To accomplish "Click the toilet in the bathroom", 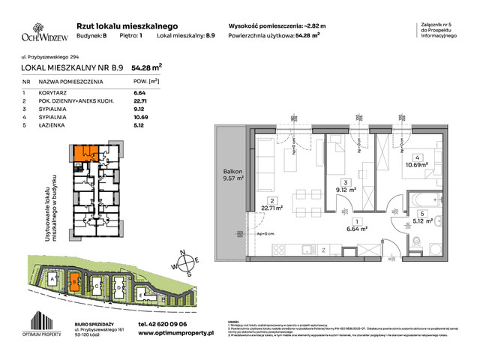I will click(x=416, y=241).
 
